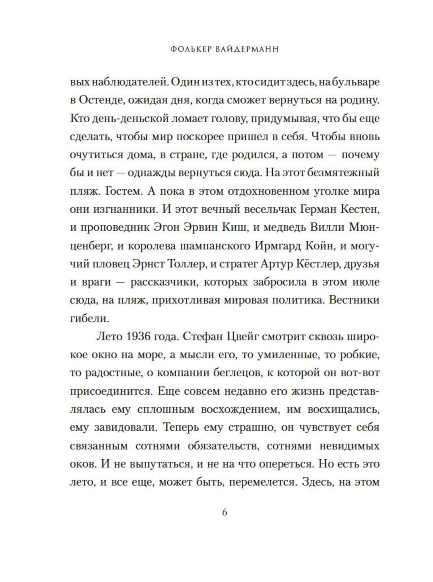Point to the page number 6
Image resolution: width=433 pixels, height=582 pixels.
(x=225, y=512)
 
